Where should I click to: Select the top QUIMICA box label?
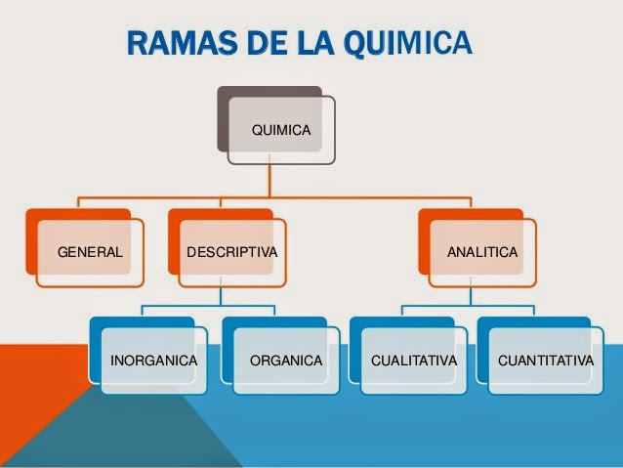coord(281,129)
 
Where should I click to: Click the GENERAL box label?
coord(91,252)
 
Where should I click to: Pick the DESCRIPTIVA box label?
coord(231,252)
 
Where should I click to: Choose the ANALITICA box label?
coord(482,252)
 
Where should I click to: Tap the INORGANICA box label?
coord(154,361)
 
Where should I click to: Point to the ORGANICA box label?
coord(286,361)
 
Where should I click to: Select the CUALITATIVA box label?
coord(414,361)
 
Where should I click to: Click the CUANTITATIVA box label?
coord(545,361)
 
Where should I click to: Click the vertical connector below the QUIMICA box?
coord(270,181)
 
